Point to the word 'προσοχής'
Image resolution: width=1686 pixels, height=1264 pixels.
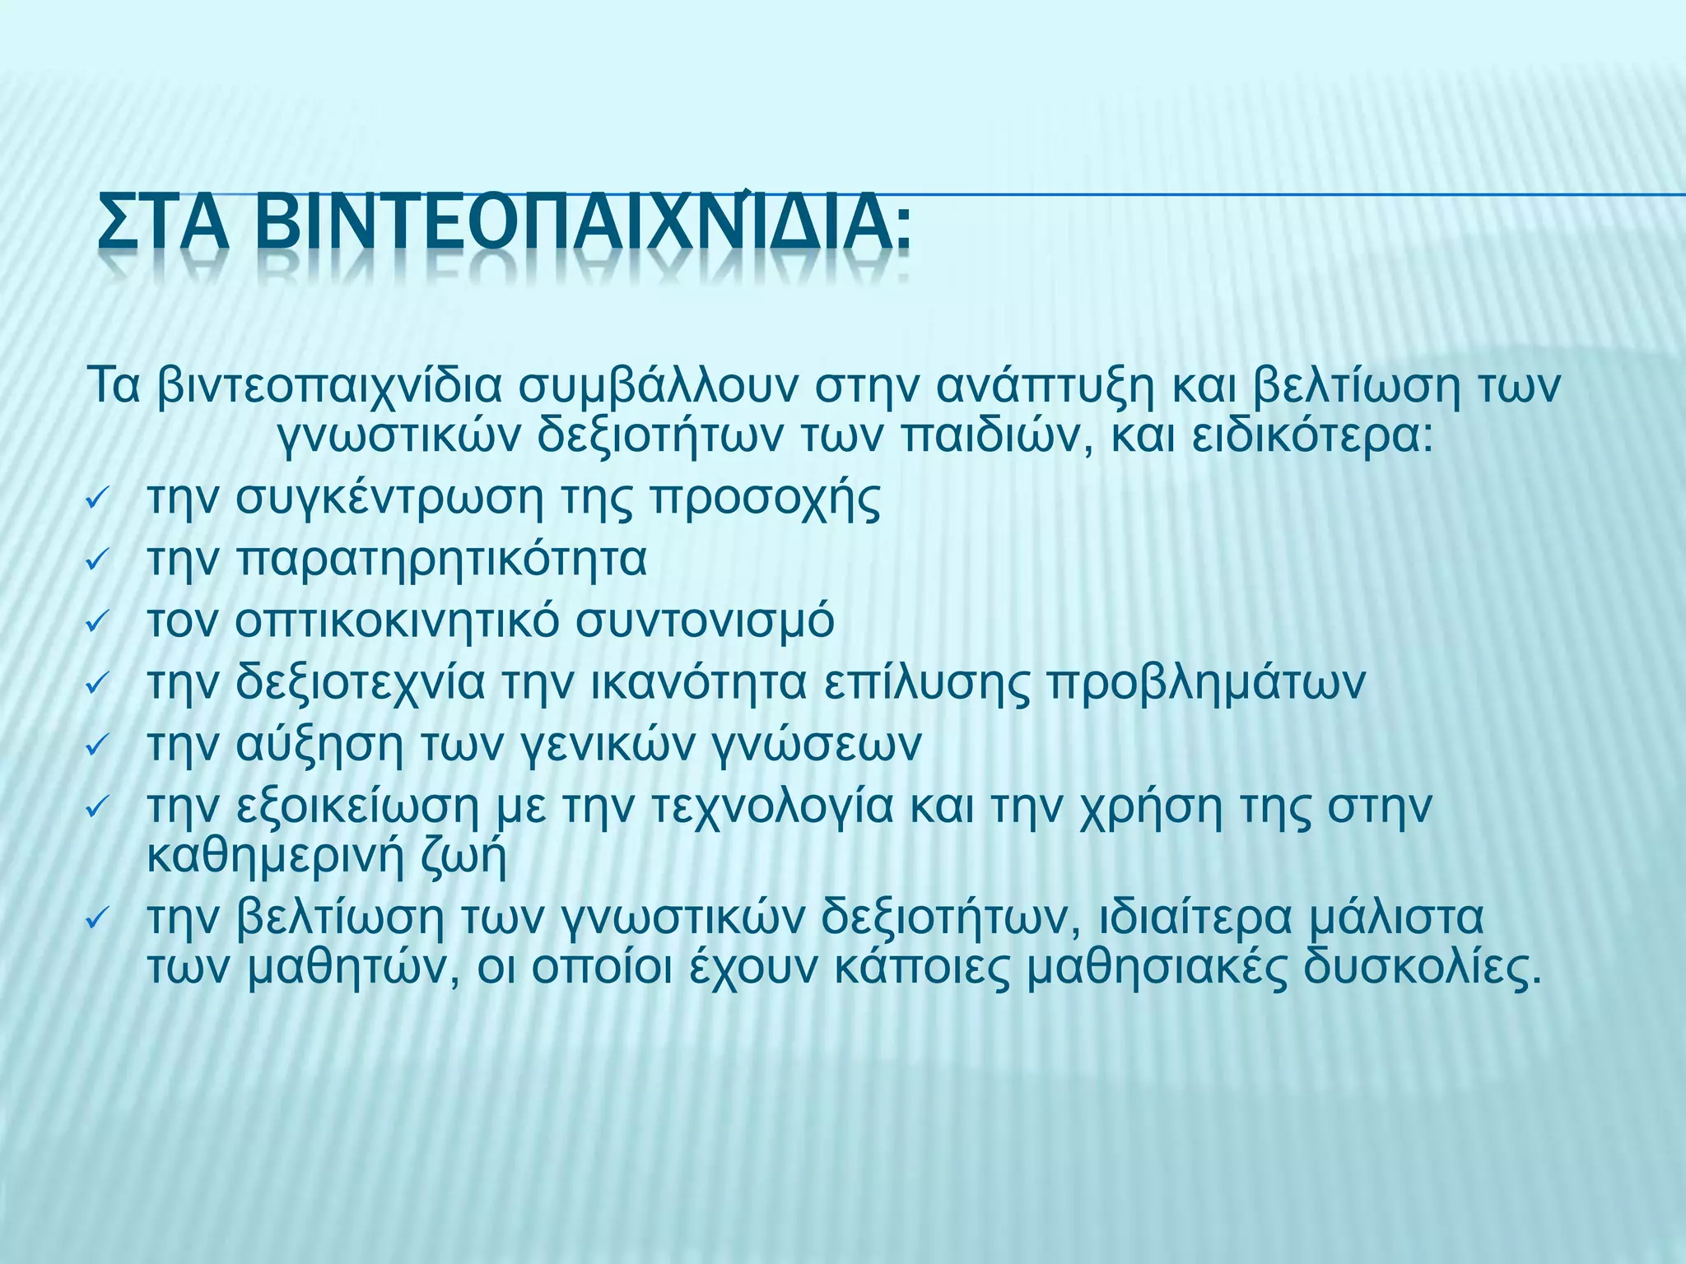point(765,500)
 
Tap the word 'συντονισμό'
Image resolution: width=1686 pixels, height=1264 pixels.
point(705,622)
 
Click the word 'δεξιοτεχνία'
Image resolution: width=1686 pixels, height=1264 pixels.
point(361,684)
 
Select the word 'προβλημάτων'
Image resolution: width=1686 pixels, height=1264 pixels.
point(1206,684)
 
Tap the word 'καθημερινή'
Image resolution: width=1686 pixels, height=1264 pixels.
point(276,857)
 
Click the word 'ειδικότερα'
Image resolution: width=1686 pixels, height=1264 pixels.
point(1312,436)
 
